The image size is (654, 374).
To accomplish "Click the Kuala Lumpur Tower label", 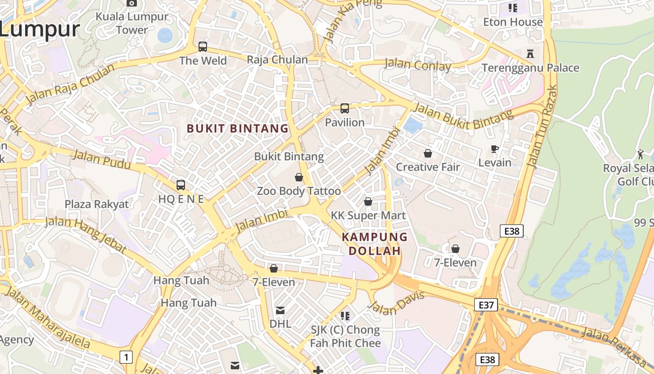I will tap(132, 23).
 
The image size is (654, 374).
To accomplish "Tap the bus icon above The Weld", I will tap(203, 47).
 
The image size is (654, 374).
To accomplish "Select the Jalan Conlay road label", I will tap(418, 65).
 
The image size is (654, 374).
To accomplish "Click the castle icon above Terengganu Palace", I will tap(530, 53).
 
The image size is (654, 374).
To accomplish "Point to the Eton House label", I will tap(513, 22).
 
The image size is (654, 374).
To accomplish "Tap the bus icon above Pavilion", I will tap(345, 108).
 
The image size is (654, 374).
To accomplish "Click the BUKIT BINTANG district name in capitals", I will tap(238, 129).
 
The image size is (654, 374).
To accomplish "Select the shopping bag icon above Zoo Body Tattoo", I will tap(299, 177).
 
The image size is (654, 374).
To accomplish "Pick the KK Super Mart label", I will tap(369, 216).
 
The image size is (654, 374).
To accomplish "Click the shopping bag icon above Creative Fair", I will tap(428, 153).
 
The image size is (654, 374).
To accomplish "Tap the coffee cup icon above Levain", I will tap(495, 149).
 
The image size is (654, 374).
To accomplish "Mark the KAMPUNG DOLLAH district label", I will tap(375, 244).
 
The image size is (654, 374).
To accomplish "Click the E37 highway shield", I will tap(486, 305).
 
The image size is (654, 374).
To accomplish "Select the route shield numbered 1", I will tap(126, 358).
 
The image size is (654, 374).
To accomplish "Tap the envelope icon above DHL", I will tap(280, 310).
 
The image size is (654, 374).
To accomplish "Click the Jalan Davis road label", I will tap(396, 302).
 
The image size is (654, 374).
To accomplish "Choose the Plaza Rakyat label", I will tap(97, 204).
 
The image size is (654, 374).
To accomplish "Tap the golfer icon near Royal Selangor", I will tap(640, 154).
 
